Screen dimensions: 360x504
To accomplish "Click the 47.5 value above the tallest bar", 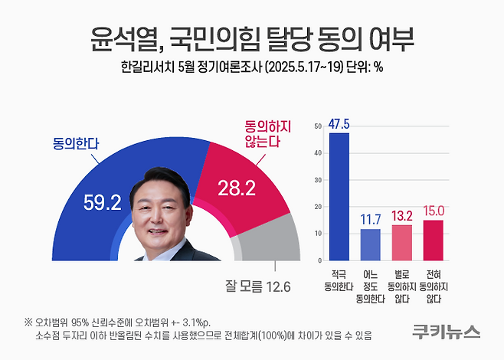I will pyautogui.click(x=339, y=124).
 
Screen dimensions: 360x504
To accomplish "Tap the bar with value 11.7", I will pyautogui.click(x=370, y=243).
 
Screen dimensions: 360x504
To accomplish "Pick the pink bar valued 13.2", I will pyautogui.click(x=401, y=241).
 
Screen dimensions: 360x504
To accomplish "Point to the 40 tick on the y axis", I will pyautogui.click(x=319, y=154).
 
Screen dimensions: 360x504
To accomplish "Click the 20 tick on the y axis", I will pyautogui.click(x=319, y=206).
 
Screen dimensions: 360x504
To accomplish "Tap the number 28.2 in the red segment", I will pyautogui.click(x=237, y=188).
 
